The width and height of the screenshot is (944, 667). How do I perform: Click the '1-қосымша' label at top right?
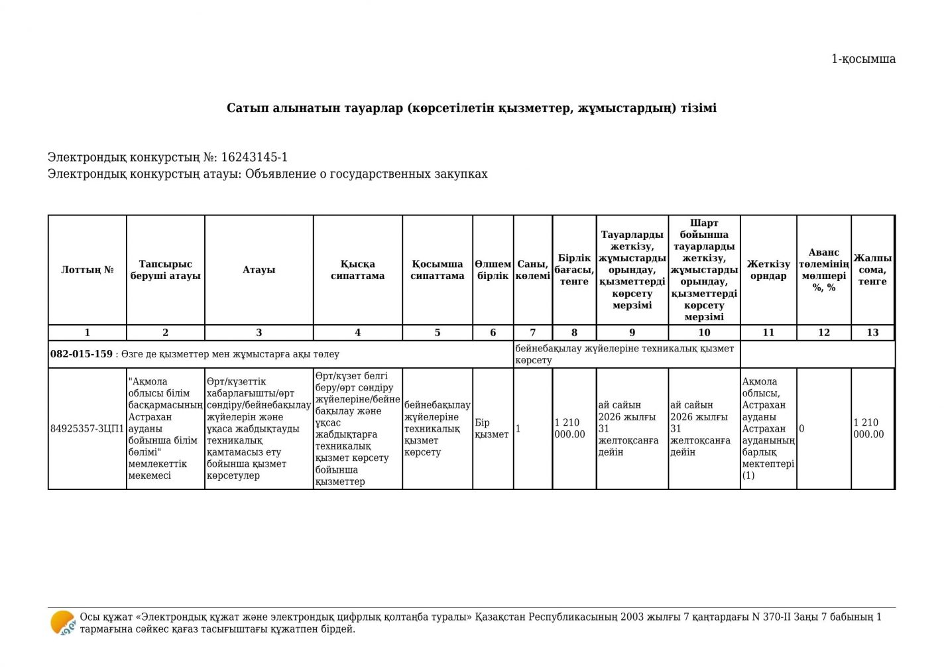863,59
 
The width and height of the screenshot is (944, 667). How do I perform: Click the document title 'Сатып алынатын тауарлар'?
471,108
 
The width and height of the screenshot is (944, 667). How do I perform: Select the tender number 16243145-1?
254,158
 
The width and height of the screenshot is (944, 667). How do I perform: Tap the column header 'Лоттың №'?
88,270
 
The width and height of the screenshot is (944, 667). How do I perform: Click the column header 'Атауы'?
259,270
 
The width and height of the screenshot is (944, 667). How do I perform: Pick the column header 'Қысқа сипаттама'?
357,270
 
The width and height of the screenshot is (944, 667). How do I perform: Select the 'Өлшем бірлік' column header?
493,270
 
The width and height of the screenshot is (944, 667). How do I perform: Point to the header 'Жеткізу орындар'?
768,270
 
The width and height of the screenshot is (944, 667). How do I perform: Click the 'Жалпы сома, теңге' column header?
872,270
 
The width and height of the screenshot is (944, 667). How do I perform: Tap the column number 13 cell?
872,333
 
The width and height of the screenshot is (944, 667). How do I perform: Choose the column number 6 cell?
493,333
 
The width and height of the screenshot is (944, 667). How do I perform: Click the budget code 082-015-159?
82,354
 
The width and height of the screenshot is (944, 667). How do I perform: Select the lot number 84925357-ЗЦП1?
87,429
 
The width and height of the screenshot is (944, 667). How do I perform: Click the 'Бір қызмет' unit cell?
492,429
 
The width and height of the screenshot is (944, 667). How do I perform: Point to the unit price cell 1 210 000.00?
570,429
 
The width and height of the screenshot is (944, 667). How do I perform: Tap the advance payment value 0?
801,429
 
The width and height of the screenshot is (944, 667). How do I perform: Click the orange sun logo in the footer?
62,623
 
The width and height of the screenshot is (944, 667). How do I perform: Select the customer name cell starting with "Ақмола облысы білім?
165,429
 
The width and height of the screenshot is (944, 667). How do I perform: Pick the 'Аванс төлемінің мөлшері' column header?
823,270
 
